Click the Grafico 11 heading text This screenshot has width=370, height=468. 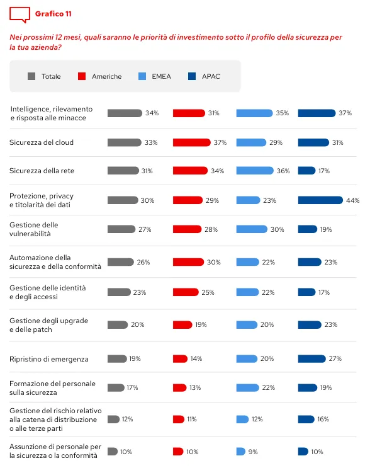coord(52,13)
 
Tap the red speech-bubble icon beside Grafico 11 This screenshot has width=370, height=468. coord(20,14)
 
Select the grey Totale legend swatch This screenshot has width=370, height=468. coord(31,76)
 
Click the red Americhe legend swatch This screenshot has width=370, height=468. coord(82,76)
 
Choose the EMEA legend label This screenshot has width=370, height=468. coord(161,76)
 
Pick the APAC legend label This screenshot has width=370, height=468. coord(211,76)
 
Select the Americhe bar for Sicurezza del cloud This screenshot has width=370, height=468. coord(191,142)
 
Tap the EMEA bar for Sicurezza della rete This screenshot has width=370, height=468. coord(255,171)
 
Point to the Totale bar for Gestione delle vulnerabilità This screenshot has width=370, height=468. coord(121,229)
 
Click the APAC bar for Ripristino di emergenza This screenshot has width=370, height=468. coord(312,358)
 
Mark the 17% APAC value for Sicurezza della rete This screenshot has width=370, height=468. coord(324,171)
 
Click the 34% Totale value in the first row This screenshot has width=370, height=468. coord(152,113)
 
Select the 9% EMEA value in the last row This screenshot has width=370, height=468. coord(252,452)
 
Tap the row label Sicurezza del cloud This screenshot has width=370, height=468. coord(42,142)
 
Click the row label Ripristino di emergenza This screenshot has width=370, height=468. coord(49,359)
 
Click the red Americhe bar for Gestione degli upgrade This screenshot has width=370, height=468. coord(182,325)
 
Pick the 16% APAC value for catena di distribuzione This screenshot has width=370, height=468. coord(323,419)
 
